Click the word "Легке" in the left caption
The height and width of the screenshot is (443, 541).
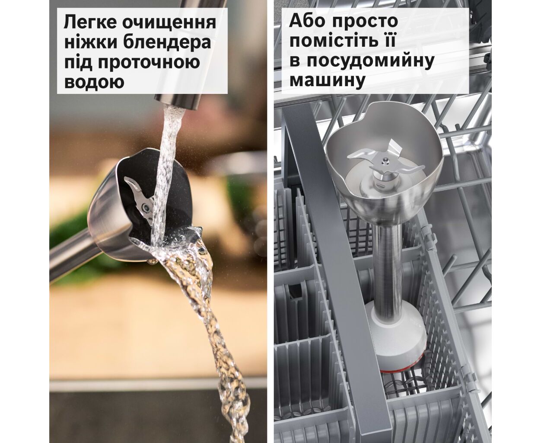(x=90, y=22)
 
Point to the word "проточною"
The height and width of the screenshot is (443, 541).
(x=149, y=63)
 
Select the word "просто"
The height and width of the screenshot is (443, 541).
(x=365, y=22)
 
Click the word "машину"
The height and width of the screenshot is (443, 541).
(x=328, y=80)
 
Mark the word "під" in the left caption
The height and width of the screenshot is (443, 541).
(x=78, y=63)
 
